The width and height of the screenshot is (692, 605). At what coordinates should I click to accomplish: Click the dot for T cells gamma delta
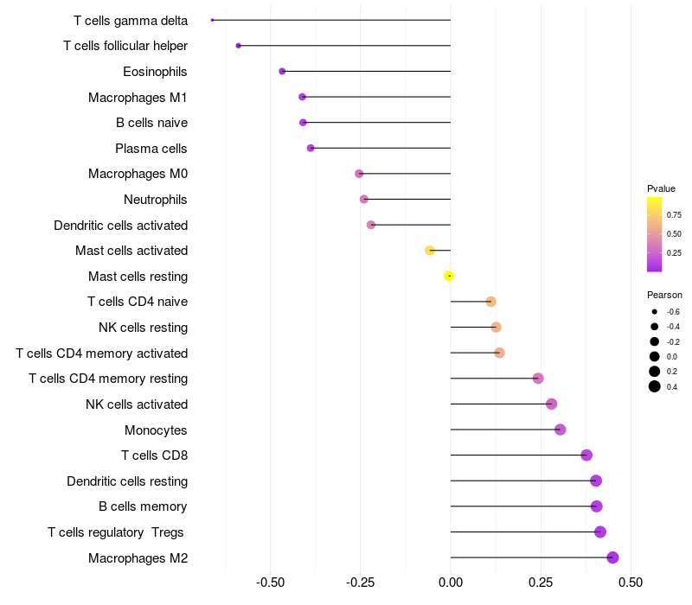[212, 20]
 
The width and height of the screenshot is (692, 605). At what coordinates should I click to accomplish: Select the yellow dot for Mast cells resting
[449, 276]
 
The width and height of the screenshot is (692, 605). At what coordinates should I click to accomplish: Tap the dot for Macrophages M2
[612, 557]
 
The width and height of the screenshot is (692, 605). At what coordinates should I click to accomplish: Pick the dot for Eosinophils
[282, 71]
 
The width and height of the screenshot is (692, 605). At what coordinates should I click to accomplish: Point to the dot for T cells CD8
[586, 455]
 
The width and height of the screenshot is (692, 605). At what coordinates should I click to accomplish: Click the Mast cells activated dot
[430, 251]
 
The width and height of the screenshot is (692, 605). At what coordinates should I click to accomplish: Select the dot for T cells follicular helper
[238, 46]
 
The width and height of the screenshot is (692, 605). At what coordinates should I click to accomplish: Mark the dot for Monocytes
[560, 430]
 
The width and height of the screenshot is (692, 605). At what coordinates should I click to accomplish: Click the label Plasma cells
[151, 149]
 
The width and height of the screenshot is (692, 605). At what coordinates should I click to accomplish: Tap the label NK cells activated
[137, 404]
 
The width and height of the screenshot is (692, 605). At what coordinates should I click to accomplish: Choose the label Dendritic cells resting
[127, 481]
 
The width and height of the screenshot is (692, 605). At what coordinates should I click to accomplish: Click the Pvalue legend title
[661, 188]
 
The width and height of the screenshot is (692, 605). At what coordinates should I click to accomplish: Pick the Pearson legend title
[664, 295]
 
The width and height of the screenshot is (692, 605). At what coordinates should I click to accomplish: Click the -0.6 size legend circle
[655, 312]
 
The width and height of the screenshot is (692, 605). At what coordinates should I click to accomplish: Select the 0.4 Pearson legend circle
[655, 386]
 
